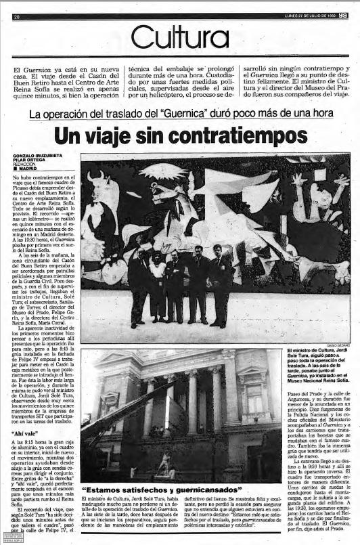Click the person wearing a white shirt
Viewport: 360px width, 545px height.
(158, 284)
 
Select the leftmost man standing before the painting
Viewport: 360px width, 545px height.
(139, 288)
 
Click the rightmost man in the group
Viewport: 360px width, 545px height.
(221, 288)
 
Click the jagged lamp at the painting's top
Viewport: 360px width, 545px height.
(162, 173)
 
